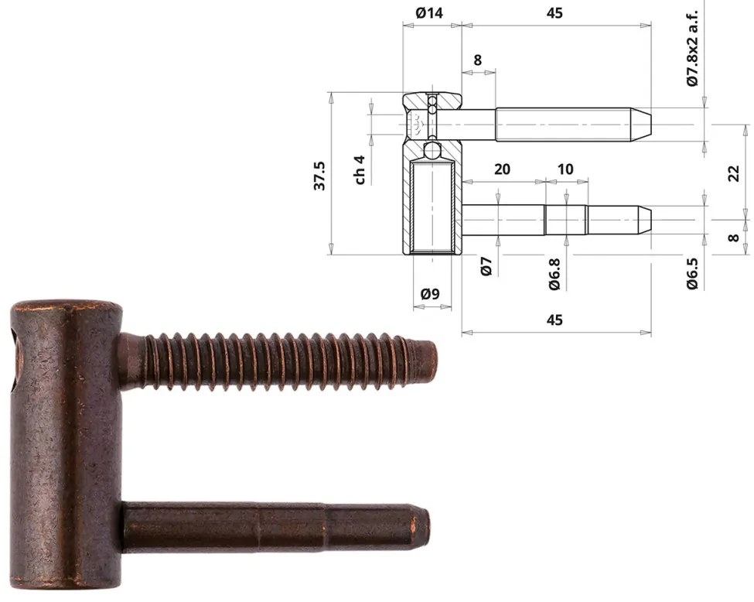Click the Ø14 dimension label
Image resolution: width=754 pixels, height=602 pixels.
coord(431,12)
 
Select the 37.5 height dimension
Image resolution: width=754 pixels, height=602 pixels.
coord(319,176)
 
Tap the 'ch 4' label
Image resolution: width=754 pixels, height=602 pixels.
coord(360,169)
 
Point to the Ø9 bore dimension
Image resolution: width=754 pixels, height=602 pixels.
coord(430,294)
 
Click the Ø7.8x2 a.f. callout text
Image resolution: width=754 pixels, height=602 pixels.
coord(693,48)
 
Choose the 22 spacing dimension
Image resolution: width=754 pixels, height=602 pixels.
coord(734,173)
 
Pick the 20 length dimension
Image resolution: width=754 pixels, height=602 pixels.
coord(502,169)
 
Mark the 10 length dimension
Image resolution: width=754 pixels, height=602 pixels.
coord(565,169)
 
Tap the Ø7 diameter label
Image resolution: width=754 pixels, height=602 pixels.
coord(486,267)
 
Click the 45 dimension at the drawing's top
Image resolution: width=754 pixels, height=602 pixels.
coord(554,12)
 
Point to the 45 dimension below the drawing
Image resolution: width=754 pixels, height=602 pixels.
coord(554,320)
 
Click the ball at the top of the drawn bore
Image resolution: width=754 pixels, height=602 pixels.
coord(432,149)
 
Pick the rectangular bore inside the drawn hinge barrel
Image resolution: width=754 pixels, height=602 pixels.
coord(432,205)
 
